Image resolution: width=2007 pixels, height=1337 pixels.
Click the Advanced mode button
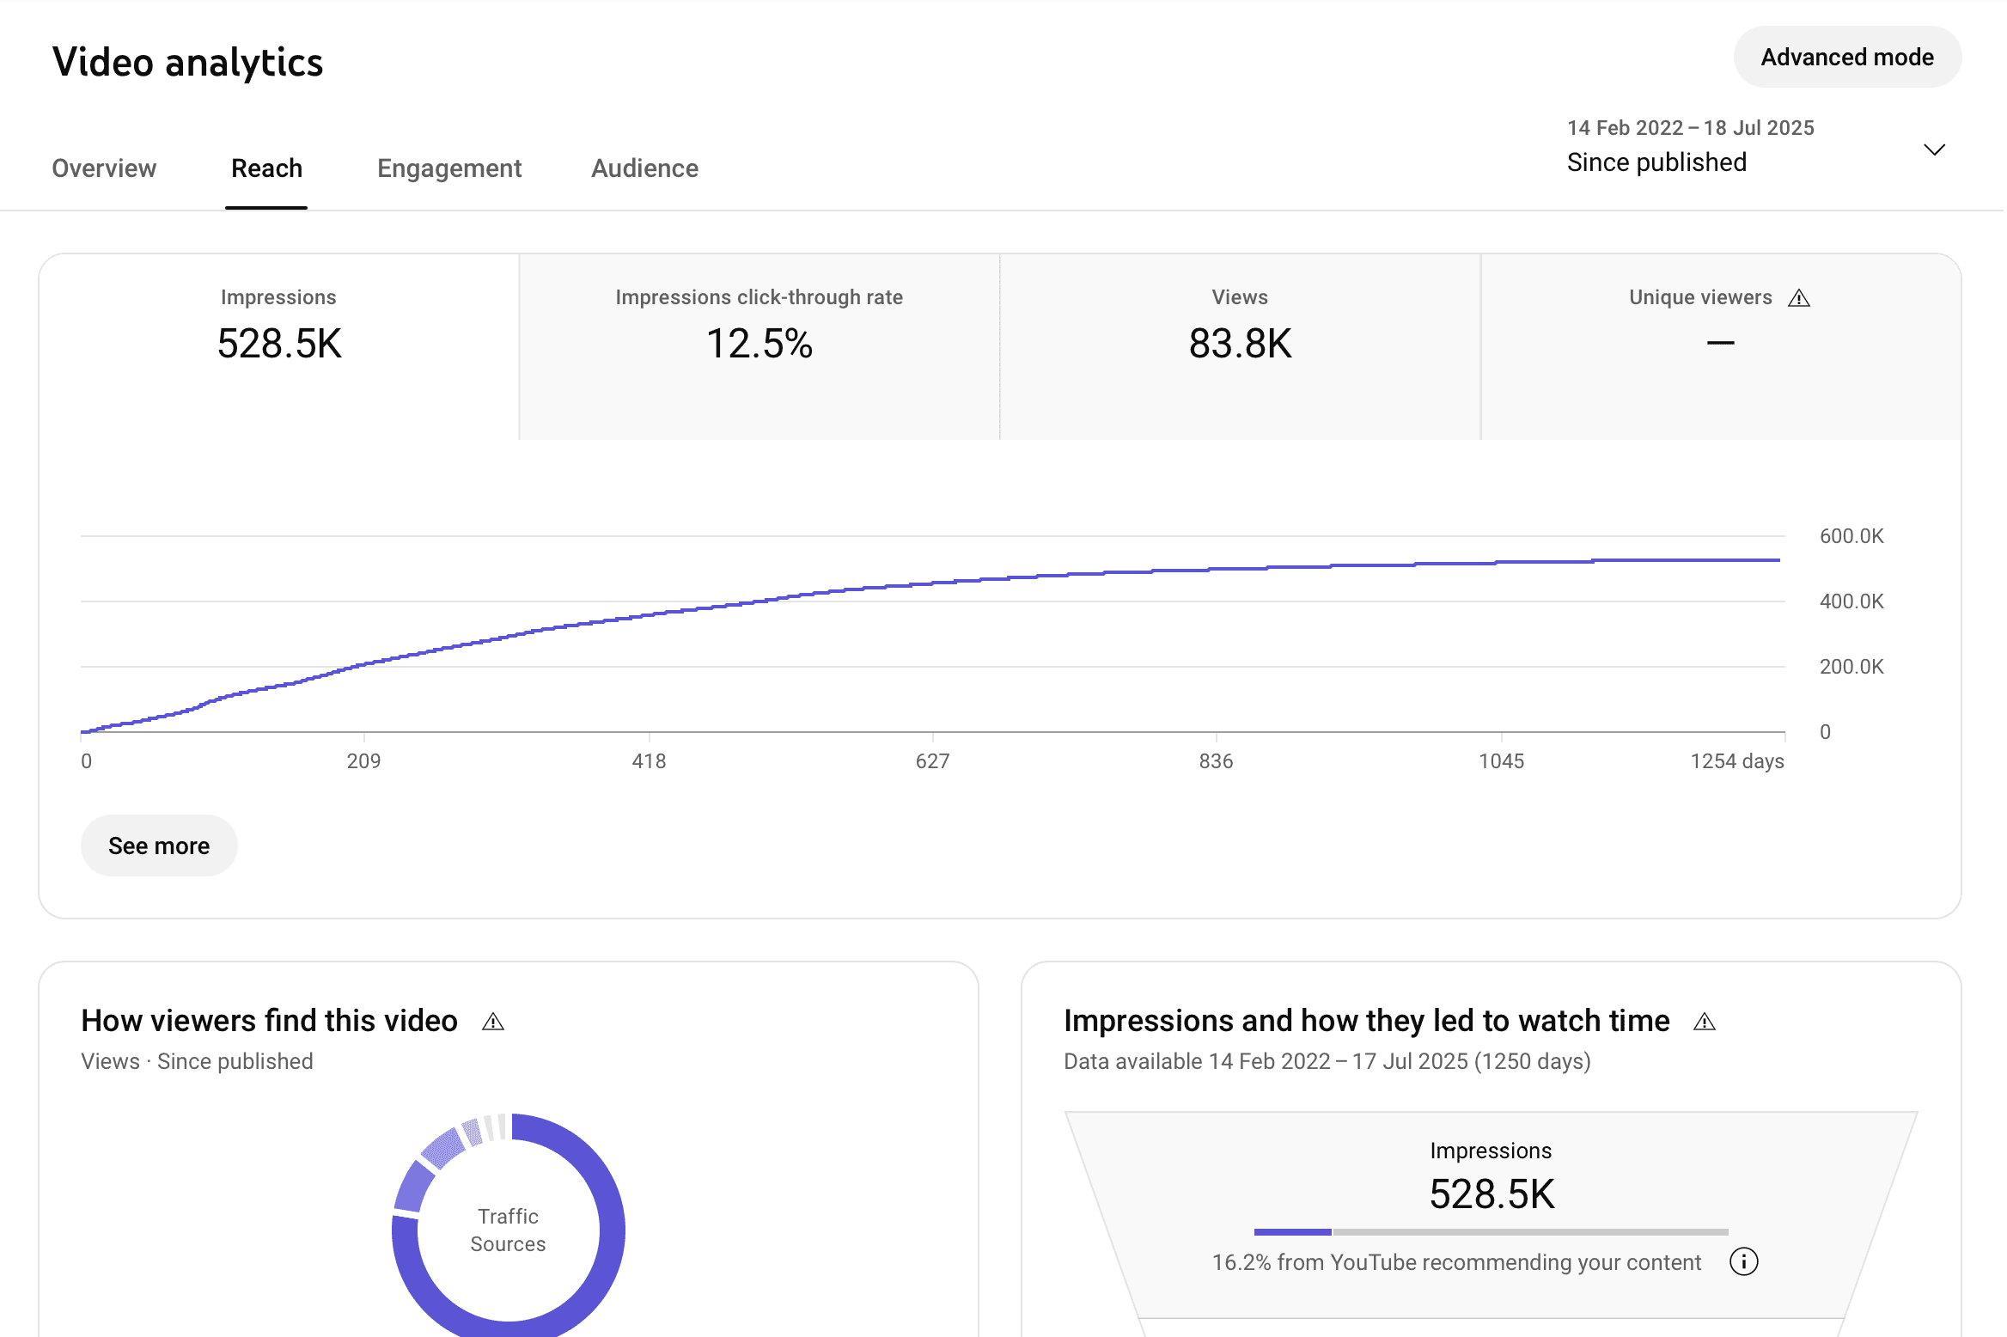click(1846, 58)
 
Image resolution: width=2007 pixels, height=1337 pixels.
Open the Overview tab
click(104, 168)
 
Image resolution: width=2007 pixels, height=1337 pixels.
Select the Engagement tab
click(448, 168)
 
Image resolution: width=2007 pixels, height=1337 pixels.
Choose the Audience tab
click(644, 168)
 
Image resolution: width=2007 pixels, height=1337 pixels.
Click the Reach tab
click(266, 168)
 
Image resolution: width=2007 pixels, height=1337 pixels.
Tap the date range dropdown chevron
click(1933, 150)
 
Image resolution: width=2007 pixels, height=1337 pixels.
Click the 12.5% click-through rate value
click(759, 344)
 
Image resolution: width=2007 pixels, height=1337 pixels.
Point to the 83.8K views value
click(1239, 344)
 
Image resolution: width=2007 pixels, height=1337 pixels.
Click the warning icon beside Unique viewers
click(1798, 298)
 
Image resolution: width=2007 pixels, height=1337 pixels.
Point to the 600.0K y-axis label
click(1851, 536)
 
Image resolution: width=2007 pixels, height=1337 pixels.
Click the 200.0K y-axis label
click(1851, 667)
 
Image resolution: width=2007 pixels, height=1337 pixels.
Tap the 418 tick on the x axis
click(649, 761)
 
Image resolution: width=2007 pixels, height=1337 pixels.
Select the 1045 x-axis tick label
click(1501, 761)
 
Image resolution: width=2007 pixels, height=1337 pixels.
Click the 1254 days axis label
click(1736, 761)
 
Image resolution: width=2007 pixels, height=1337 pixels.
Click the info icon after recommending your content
click(1743, 1261)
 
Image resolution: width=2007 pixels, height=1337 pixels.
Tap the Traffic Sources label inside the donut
click(508, 1230)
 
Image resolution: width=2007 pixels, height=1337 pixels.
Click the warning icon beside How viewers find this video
click(492, 1022)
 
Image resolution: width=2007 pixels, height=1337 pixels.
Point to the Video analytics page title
click(187, 63)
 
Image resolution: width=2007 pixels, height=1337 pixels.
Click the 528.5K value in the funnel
click(1492, 1194)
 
